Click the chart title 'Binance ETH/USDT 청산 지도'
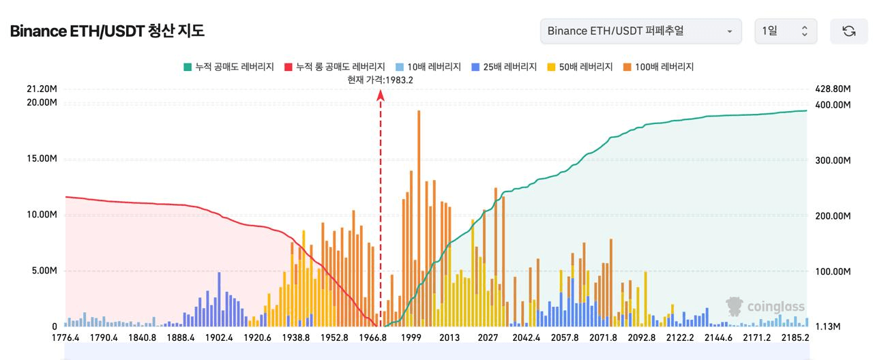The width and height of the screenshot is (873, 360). pyautogui.click(x=107, y=31)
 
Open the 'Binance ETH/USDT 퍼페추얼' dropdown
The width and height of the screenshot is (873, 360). pyautogui.click(x=640, y=31)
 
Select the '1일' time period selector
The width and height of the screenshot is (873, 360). pyautogui.click(x=785, y=31)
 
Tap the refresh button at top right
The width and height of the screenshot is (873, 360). pyautogui.click(x=848, y=31)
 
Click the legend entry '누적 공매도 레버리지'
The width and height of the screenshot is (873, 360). pyautogui.click(x=228, y=67)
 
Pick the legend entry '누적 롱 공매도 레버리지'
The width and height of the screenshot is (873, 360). pyautogui.click(x=335, y=67)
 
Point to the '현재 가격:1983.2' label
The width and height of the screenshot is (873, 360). pyautogui.click(x=380, y=80)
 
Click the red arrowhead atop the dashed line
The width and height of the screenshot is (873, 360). pyautogui.click(x=381, y=95)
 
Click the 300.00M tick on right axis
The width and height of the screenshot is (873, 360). pyautogui.click(x=833, y=160)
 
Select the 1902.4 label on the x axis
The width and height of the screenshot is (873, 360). pyautogui.click(x=219, y=337)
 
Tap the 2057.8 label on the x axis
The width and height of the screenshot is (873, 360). pyautogui.click(x=564, y=337)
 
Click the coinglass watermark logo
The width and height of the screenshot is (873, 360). pyautogui.click(x=765, y=307)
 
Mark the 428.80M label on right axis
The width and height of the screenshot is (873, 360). pyautogui.click(x=833, y=89)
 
